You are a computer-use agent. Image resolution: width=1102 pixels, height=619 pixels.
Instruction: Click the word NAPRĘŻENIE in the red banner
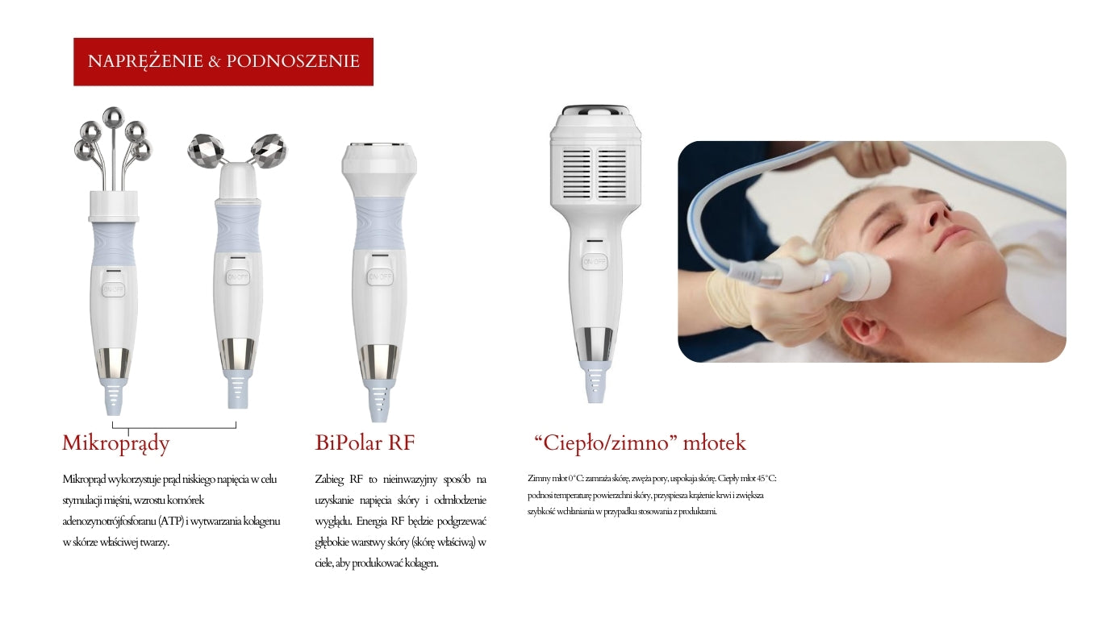tap(145, 61)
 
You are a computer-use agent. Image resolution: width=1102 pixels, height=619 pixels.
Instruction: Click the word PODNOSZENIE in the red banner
tap(293, 61)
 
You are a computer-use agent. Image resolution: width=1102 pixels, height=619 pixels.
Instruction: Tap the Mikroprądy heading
tap(115, 443)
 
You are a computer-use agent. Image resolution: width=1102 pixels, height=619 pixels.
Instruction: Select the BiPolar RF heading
tap(365, 442)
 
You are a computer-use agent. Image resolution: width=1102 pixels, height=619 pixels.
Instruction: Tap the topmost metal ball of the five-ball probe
tap(113, 118)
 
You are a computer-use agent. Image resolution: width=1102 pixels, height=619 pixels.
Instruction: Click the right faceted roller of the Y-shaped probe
tap(269, 151)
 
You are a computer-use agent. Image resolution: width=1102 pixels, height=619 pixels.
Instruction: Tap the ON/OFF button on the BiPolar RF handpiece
tap(380, 277)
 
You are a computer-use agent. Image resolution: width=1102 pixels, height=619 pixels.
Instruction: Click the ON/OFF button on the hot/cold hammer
tap(595, 262)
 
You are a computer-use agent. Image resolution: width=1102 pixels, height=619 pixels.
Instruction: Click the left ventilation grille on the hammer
tap(577, 173)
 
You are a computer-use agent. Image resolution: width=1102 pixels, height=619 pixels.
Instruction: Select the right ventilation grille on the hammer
tap(612, 173)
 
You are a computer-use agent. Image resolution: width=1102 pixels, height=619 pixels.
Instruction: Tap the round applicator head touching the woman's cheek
tap(864, 276)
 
